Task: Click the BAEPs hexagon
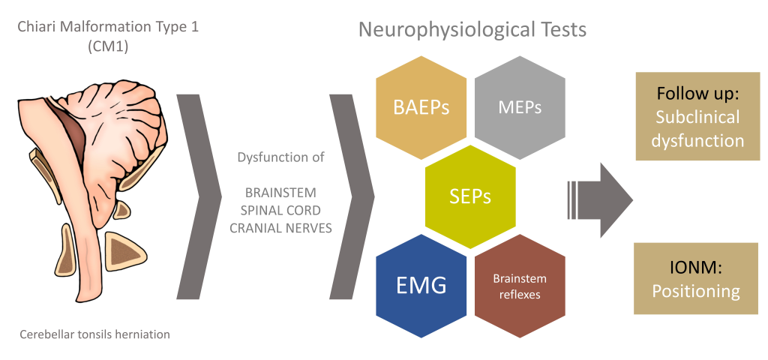point(421,107)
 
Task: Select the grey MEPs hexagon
point(520,107)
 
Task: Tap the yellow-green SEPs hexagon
point(470,197)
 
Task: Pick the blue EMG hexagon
point(421,286)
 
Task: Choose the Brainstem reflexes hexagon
point(520,286)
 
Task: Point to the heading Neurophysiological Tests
point(472,30)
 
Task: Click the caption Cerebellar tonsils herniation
point(96,334)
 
